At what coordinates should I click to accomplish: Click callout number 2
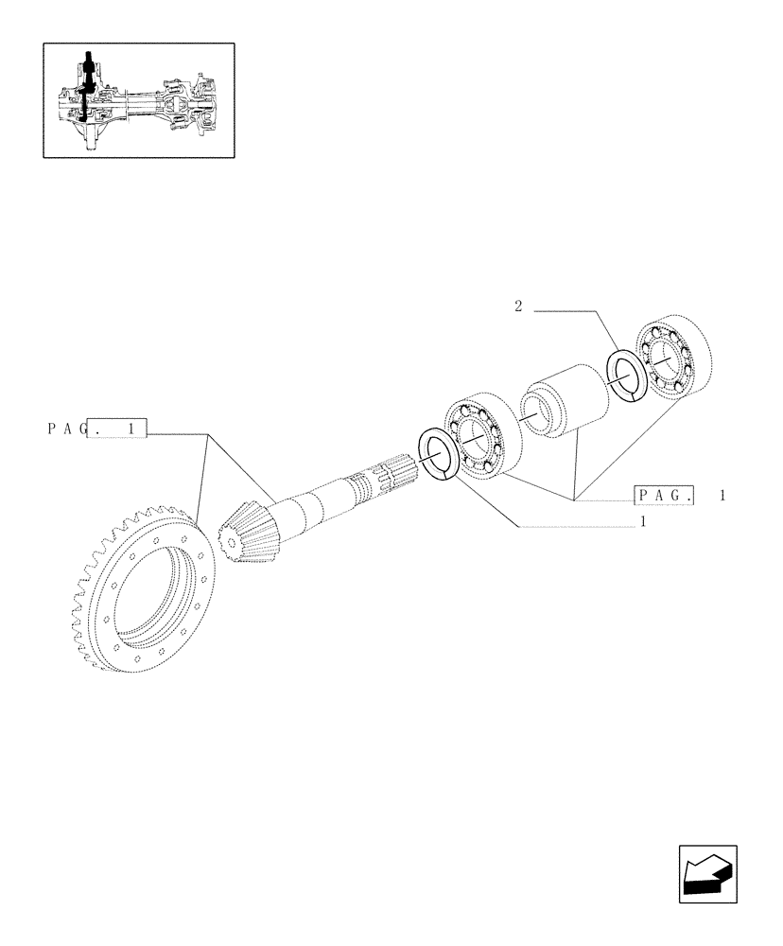[518, 307]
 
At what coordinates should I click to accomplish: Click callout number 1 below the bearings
[643, 522]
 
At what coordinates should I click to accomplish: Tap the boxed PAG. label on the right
[666, 495]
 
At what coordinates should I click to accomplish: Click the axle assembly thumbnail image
[138, 98]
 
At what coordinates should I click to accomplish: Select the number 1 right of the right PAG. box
[722, 495]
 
